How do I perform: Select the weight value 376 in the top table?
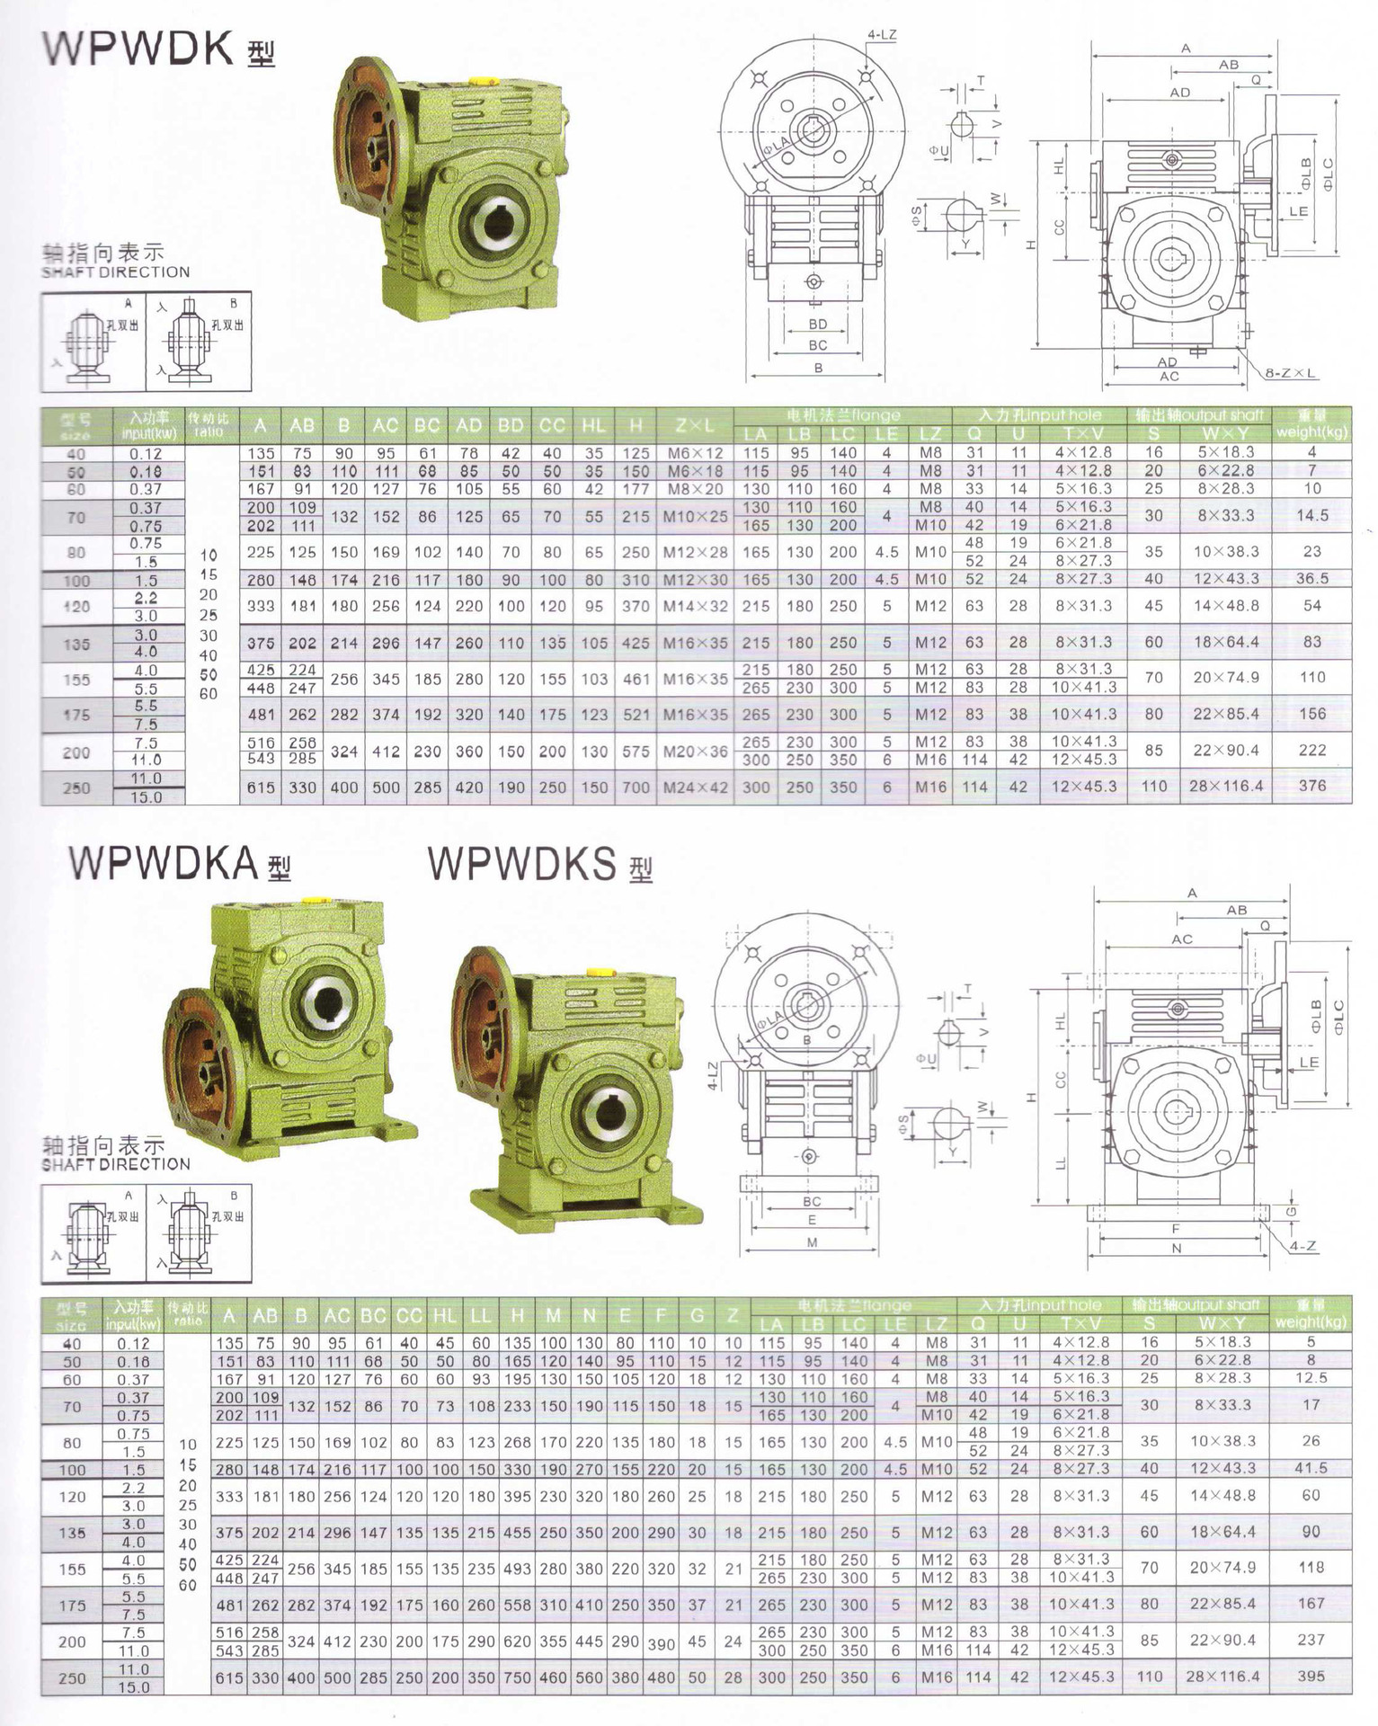coord(1311,786)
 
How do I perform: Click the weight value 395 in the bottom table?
coord(1311,1677)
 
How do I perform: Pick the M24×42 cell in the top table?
coord(695,787)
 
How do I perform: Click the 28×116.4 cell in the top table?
coord(1225,786)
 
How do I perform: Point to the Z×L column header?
coord(695,425)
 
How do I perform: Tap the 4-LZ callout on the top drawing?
coord(882,36)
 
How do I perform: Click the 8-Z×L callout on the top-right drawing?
coord(1291,373)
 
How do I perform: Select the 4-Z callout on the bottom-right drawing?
coord(1302,1247)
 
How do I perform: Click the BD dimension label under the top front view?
coord(817,325)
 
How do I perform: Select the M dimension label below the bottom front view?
coord(812,1242)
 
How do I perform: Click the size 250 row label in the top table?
coord(76,788)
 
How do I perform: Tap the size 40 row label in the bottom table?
coord(71,1344)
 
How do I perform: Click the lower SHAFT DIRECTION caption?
coord(116,1164)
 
